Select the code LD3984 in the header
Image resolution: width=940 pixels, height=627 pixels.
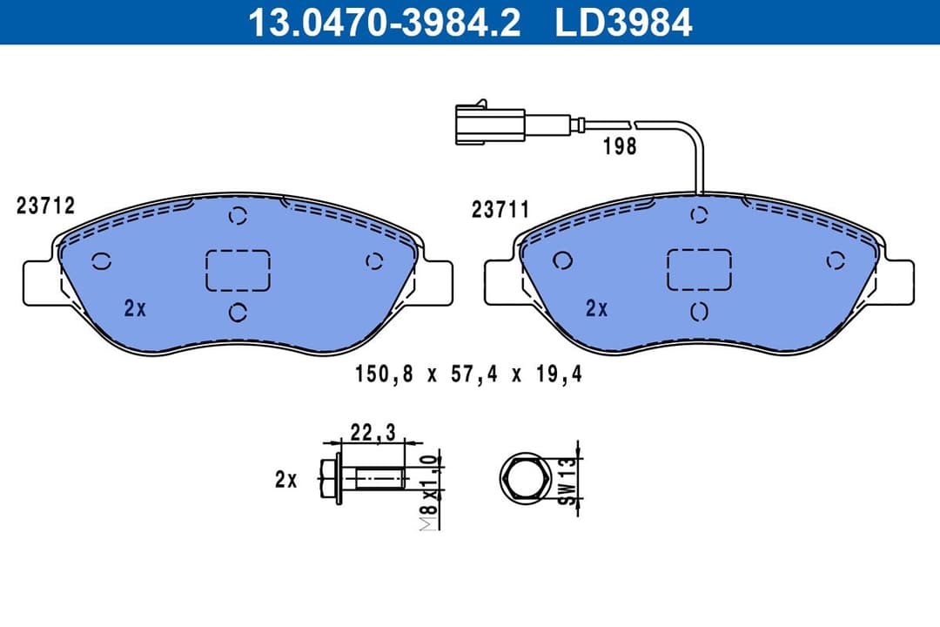(x=624, y=23)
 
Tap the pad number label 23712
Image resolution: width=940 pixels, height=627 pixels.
(x=45, y=206)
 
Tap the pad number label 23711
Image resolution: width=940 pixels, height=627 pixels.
(x=500, y=210)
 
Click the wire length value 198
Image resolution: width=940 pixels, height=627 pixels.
(x=620, y=146)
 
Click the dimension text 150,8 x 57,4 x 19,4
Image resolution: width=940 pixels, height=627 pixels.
(x=467, y=375)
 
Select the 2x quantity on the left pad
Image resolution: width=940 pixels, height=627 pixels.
(x=135, y=307)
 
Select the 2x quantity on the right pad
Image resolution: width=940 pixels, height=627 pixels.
(x=596, y=307)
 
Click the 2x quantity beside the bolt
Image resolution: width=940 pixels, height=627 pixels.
(x=285, y=479)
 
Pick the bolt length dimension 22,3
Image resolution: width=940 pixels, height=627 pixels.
(x=373, y=430)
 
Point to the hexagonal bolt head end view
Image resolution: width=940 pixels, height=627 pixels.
(x=525, y=479)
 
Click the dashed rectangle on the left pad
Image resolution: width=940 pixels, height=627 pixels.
(x=238, y=269)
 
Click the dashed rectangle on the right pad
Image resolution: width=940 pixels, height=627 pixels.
(x=699, y=269)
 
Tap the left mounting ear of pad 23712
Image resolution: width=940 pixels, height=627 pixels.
(x=38, y=282)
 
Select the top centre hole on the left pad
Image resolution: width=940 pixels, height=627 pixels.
(x=237, y=216)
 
